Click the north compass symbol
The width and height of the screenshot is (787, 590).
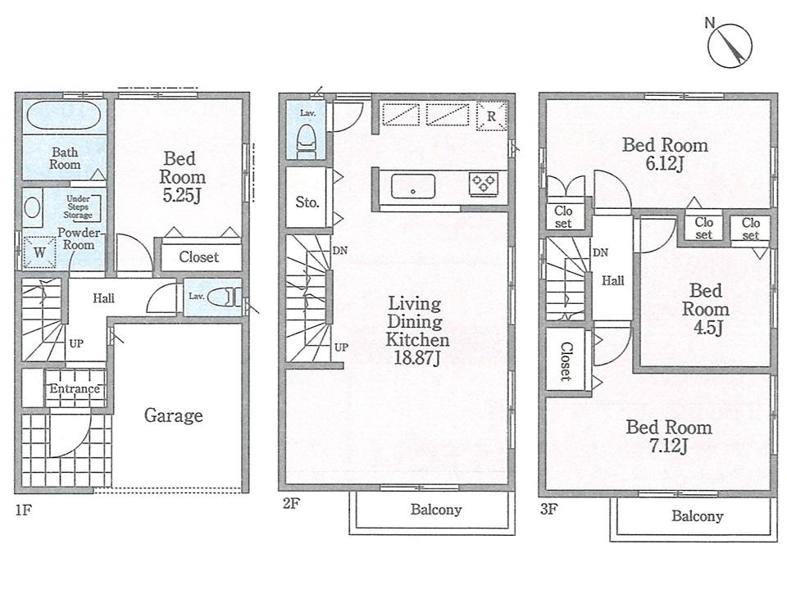click(x=730, y=43)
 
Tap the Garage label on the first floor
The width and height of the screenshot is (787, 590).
click(x=173, y=415)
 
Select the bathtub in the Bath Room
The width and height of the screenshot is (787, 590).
click(x=62, y=117)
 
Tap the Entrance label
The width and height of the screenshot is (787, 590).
click(x=74, y=388)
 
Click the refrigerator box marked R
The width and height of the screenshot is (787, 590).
click(x=490, y=116)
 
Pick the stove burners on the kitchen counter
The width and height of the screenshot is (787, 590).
click(x=483, y=184)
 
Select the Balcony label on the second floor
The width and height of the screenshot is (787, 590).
click(x=435, y=510)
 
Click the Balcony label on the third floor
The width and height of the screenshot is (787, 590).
click(x=697, y=516)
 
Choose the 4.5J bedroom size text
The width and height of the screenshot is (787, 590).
click(x=705, y=329)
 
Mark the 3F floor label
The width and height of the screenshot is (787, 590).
click(x=548, y=509)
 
